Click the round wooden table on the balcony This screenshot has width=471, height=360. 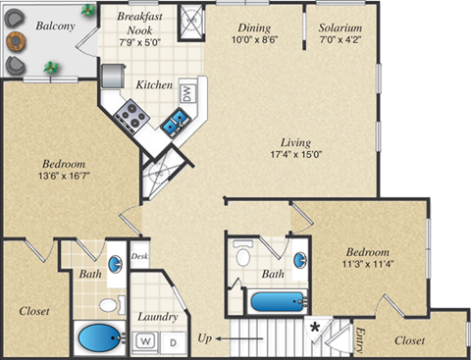[16, 41]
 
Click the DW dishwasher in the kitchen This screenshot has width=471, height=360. [186, 93]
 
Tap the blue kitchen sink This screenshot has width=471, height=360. [176, 124]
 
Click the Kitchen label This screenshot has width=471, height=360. [155, 84]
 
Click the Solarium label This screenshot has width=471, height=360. [340, 28]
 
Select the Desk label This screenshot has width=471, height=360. [140, 257]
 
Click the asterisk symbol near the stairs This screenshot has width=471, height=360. [315, 327]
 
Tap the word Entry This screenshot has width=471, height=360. [361, 336]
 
